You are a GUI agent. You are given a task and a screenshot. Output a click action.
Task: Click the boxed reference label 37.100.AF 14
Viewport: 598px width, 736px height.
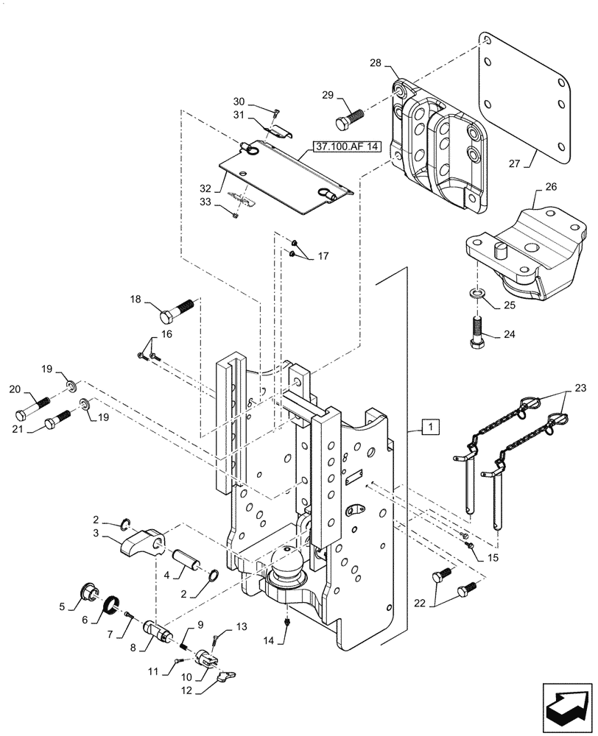click(345, 146)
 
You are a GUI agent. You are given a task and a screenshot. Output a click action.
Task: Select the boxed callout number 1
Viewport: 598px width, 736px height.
click(431, 428)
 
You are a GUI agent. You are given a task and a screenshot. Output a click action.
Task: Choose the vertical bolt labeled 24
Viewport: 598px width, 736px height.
click(478, 333)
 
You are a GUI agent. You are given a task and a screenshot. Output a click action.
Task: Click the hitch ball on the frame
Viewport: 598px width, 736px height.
click(287, 563)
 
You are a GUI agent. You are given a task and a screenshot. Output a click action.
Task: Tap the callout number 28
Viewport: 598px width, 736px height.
click(376, 63)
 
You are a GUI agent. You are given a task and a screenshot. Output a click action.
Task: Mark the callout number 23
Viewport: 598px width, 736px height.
click(580, 388)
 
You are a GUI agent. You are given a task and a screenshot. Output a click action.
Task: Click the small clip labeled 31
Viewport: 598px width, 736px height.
click(278, 132)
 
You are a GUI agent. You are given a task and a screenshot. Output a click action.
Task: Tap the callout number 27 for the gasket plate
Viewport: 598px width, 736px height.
click(514, 163)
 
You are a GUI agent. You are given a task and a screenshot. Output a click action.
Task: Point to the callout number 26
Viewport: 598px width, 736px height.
click(551, 187)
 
